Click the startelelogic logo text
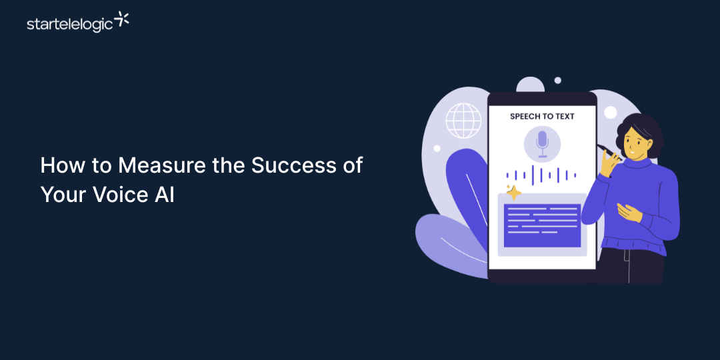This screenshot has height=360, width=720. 69,25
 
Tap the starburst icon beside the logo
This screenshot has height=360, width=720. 122,19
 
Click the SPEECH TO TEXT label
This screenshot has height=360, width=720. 542,116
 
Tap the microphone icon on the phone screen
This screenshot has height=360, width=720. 542,143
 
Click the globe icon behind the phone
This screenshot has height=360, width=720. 463,121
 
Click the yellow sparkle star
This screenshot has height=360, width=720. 513,193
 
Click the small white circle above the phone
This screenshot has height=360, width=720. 558,81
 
